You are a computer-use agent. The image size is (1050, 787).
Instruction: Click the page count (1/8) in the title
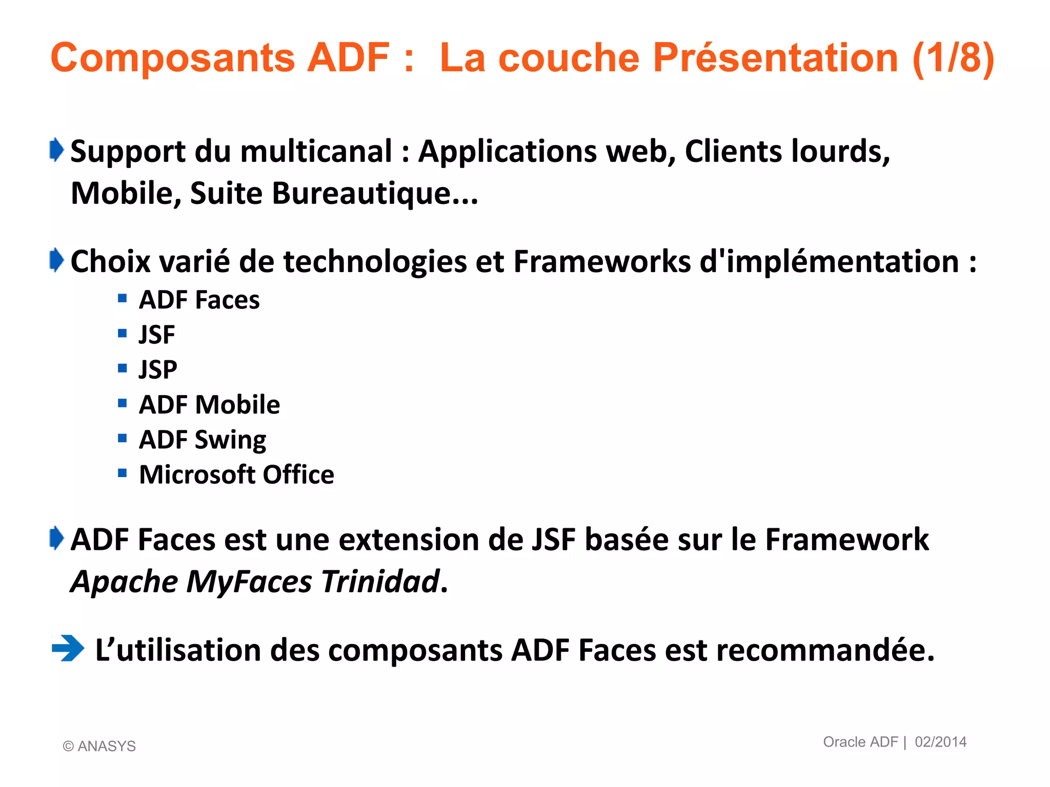[x=953, y=58]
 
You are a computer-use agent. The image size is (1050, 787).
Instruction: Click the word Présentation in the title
[x=775, y=58]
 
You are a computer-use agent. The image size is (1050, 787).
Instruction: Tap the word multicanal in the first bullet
[x=316, y=152]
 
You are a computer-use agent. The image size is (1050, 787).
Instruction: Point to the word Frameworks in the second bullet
[x=602, y=262]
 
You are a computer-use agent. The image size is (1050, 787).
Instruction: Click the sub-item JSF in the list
[x=157, y=335]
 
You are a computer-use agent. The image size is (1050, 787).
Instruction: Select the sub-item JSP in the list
[x=158, y=370]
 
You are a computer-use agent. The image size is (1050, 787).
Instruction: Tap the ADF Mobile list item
[x=209, y=405]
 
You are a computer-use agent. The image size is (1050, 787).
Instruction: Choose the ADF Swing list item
[x=203, y=440]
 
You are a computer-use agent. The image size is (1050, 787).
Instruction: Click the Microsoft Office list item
[x=236, y=474]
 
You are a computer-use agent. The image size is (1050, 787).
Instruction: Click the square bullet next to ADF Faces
[x=122, y=298]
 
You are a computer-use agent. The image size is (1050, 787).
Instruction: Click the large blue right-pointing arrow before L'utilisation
[x=68, y=648]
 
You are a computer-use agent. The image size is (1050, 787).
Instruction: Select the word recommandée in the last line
[x=825, y=650]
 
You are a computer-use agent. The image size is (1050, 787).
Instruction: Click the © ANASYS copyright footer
[x=99, y=746]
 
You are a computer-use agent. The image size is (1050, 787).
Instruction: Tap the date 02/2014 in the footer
[x=940, y=742]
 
